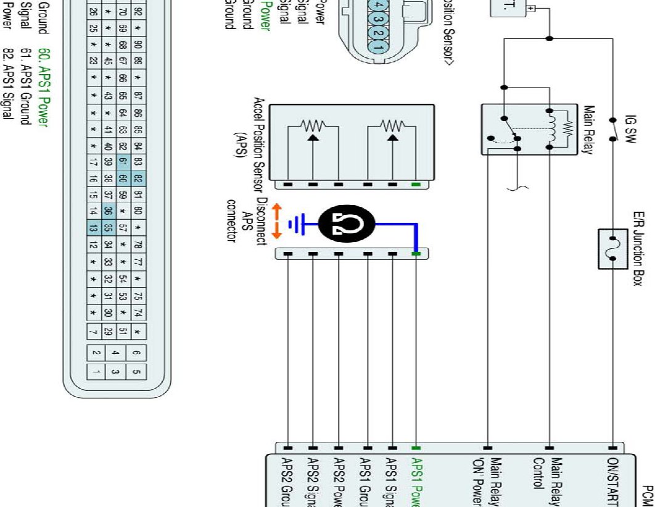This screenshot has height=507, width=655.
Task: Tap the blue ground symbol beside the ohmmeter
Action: tap(299, 225)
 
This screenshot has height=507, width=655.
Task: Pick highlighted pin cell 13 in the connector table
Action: tap(92, 228)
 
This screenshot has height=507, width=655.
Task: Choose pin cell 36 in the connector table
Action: tap(107, 212)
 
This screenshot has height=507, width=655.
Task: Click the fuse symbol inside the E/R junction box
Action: tap(612, 248)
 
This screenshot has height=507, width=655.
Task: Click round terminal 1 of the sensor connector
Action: tap(377, 45)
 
